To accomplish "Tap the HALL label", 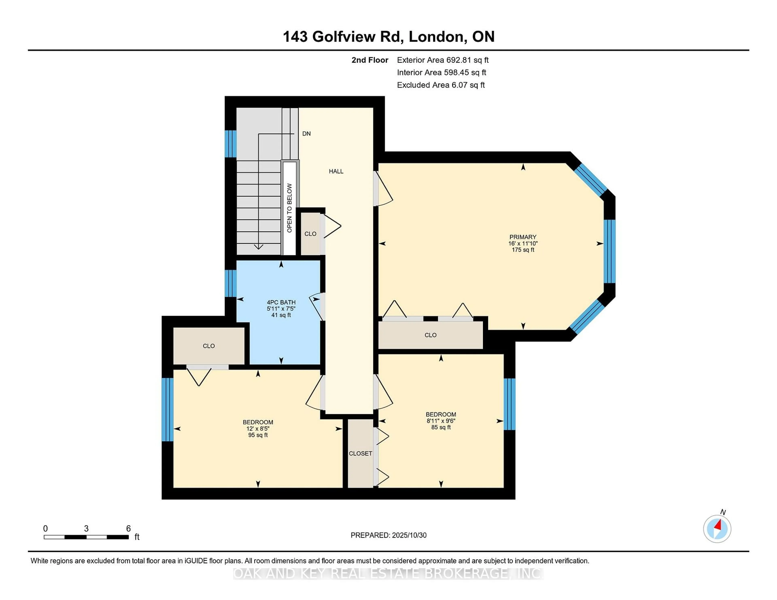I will coord(336,171).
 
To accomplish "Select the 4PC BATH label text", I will coord(281,302).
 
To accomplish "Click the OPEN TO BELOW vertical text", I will coord(289,208).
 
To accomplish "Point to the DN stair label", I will coord(306,134).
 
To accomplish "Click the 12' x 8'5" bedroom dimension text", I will coord(258,429).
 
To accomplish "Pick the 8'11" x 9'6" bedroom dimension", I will coord(441,421).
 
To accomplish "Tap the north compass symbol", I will coord(717,529).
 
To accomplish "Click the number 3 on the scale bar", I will coord(86,529).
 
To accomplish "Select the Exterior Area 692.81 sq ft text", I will coord(443,60).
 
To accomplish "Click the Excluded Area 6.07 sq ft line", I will coord(441,85).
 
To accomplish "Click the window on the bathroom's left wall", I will coord(230,283).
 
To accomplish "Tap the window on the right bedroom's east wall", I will coord(510,404).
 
